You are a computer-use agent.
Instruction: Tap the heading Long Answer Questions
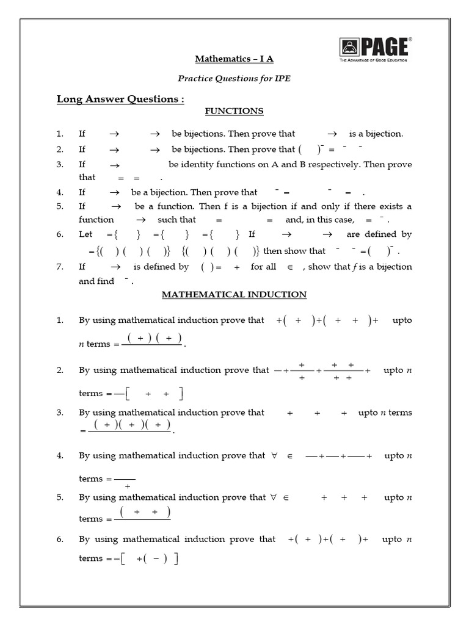pyautogui.click(x=120, y=99)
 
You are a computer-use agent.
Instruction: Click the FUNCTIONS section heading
pyautogui.click(x=234, y=111)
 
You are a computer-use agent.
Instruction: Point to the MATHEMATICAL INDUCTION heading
pyautogui.click(x=234, y=294)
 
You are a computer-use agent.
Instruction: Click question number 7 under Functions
pyautogui.click(x=60, y=267)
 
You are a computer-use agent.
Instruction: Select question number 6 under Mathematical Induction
pyautogui.click(x=60, y=539)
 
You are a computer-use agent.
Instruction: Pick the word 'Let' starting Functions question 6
pyautogui.click(x=85, y=234)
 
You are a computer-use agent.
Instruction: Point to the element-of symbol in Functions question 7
pyautogui.click(x=290, y=267)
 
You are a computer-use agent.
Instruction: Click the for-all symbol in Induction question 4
pyautogui.click(x=271, y=455)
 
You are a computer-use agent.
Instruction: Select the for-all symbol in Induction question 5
pyautogui.click(x=271, y=497)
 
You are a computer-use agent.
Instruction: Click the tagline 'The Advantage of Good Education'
pyautogui.click(x=374, y=60)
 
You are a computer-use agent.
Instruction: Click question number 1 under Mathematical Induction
pyautogui.click(x=60, y=320)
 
